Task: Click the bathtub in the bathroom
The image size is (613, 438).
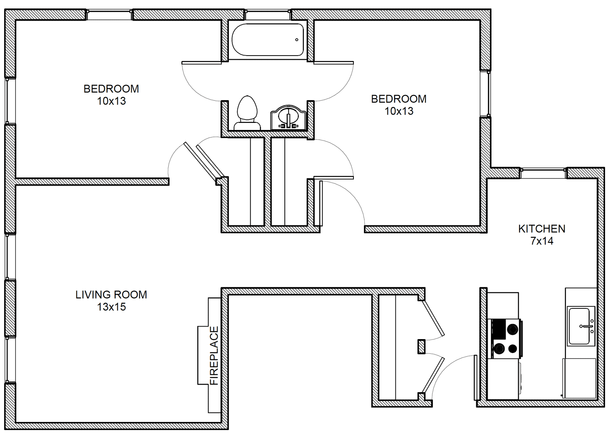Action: point(268,40)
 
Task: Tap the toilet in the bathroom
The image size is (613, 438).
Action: point(247,113)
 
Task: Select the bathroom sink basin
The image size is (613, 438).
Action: point(288,117)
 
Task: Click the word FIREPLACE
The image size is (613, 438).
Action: point(214,356)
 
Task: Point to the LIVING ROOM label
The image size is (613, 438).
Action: point(111,295)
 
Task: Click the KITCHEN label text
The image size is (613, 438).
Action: point(541,229)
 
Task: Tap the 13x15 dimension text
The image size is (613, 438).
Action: point(111,307)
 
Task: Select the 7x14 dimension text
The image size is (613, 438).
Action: point(542,241)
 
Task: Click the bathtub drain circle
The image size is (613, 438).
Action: point(297,40)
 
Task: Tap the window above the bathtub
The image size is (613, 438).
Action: point(268,15)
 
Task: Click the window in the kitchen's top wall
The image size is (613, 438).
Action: point(543,173)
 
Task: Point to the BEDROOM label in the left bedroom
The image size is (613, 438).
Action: point(111,89)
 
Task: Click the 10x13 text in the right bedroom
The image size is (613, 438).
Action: point(399,111)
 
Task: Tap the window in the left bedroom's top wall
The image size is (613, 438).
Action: point(109,15)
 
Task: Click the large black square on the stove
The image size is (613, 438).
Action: point(499,329)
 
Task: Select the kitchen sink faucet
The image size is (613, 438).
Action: point(586,327)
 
